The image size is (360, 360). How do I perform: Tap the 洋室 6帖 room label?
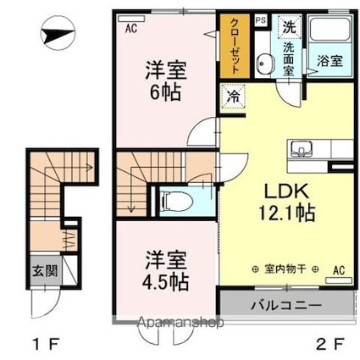tap(166, 80)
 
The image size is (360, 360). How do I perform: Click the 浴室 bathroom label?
tap(330, 61)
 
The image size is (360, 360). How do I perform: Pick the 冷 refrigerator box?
tap(231, 97)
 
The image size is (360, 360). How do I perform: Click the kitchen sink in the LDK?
tap(301, 151)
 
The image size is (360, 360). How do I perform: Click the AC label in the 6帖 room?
tap(130, 26)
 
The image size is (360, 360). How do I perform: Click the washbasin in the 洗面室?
tap(263, 64)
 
